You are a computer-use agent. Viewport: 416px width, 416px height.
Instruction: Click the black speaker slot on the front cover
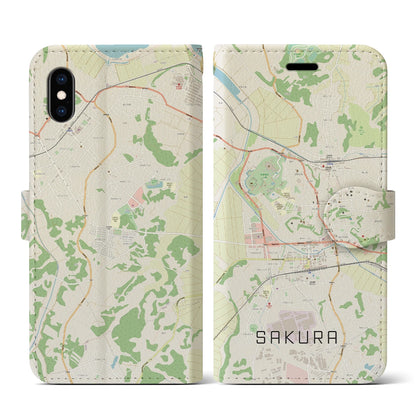pyautogui.click(x=300, y=53)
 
